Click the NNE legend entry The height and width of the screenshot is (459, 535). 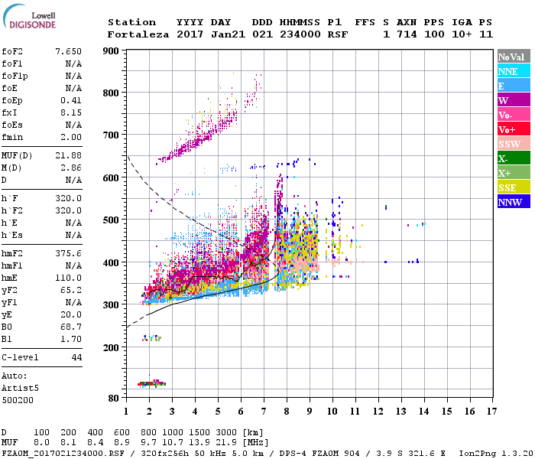click(x=511, y=71)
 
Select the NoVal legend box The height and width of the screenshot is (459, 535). click(x=511, y=57)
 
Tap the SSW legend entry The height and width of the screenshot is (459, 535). click(x=511, y=144)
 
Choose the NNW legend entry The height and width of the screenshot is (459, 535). click(x=511, y=202)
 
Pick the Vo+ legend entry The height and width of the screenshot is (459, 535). click(x=511, y=129)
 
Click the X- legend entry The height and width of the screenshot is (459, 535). click(x=511, y=158)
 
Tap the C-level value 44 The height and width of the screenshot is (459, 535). click(x=76, y=357)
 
